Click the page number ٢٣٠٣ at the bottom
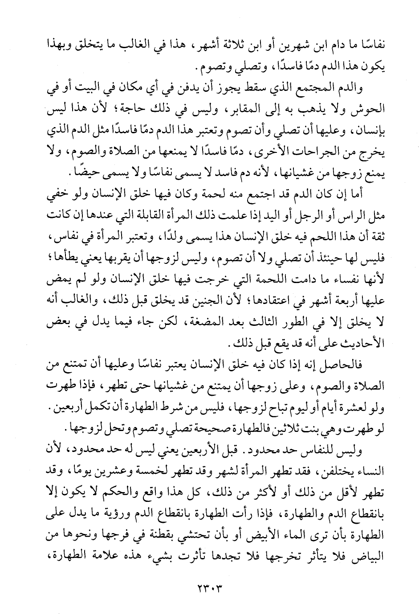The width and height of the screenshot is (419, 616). (x=209, y=586)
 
